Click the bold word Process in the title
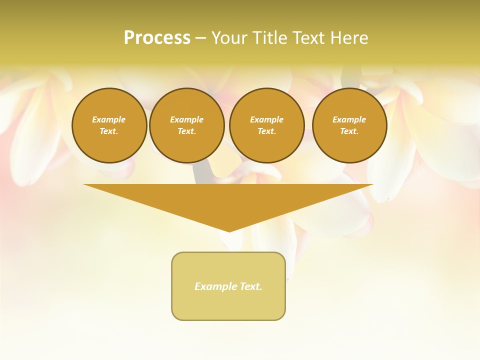pos(157,38)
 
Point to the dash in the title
pos(200,38)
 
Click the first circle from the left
pos(109,125)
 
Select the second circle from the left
pos(187,125)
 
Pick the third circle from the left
pos(267,125)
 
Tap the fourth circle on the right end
pos(349,125)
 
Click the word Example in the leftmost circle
pos(109,119)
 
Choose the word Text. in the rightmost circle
pos(349,131)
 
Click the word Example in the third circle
pos(267,119)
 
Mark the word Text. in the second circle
pos(187,131)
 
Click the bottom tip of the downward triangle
pos(229,230)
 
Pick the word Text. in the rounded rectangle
pos(251,286)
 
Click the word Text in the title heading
pos(310,38)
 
